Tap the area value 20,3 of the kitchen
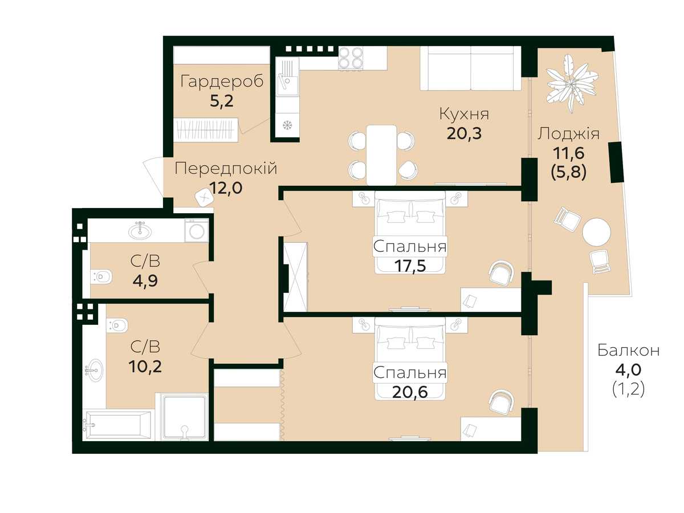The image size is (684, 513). tap(464, 133)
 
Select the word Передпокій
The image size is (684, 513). tap(226, 169)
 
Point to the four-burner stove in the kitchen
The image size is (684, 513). tap(351, 58)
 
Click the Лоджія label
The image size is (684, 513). tap(568, 134)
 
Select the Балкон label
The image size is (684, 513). tap(628, 351)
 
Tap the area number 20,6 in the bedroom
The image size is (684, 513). tap(410, 392)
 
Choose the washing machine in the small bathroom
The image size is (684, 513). tap(197, 230)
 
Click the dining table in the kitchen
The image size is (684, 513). tap(381, 155)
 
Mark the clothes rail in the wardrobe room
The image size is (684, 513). tap(206, 129)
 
